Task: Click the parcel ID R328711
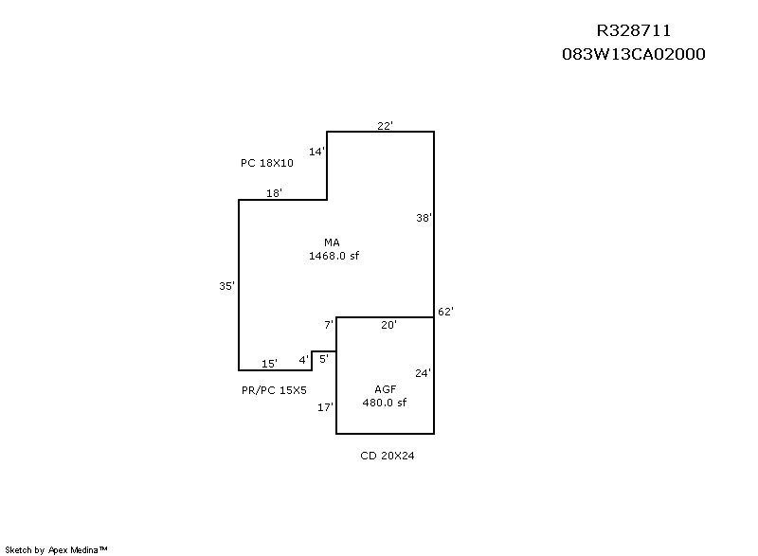point(633,31)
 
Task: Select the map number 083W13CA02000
point(633,54)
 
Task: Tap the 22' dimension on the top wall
point(385,126)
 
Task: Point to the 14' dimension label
point(317,152)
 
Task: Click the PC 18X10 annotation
point(267,163)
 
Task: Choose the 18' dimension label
point(274,193)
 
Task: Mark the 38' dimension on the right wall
point(424,218)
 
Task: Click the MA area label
point(333,242)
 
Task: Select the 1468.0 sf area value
point(334,256)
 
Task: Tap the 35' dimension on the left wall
point(226,286)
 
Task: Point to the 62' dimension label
point(445,312)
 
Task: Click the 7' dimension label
point(329,325)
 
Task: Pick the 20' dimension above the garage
point(388,325)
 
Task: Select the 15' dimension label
point(269,364)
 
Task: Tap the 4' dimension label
point(303,360)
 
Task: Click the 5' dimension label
point(324,359)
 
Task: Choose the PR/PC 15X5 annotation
point(274,390)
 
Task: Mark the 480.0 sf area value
point(385,403)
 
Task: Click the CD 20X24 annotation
point(388,456)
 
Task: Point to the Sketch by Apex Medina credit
point(56,549)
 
